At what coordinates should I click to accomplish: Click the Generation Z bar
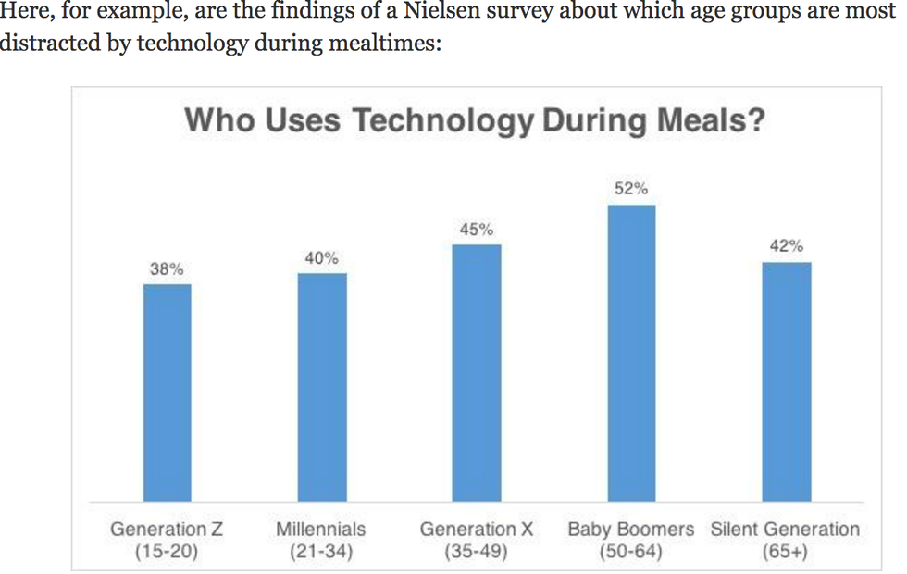click(167, 393)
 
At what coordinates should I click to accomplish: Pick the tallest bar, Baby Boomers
click(631, 353)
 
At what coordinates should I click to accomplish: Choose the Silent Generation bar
click(786, 381)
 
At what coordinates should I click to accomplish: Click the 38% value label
click(167, 269)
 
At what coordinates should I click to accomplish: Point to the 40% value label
click(322, 258)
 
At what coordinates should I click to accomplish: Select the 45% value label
click(477, 230)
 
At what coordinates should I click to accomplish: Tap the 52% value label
click(631, 189)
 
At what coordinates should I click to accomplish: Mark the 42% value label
click(786, 246)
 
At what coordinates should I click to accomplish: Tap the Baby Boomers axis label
click(631, 530)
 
